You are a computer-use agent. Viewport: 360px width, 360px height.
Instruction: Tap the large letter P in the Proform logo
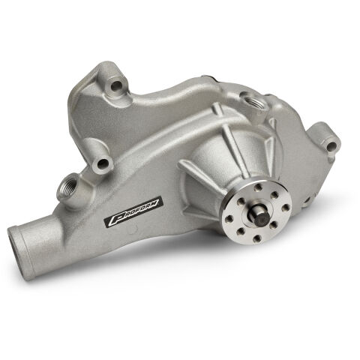115,223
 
